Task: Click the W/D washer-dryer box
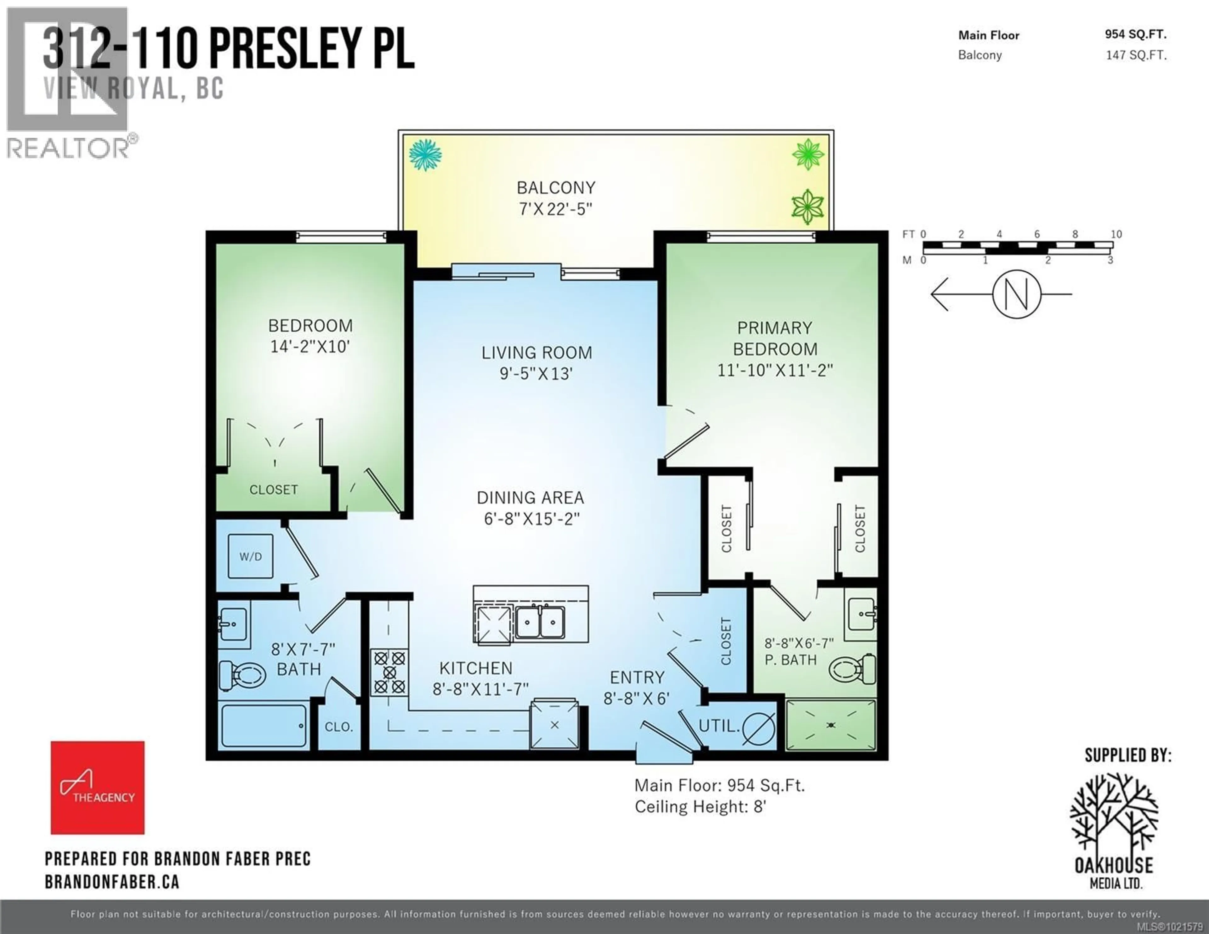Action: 250,557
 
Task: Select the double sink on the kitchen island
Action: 540,622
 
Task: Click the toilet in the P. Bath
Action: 853,669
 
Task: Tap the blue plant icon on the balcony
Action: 425,155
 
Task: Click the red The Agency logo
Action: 97,787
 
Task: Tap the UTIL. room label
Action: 718,726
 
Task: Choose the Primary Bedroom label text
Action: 775,338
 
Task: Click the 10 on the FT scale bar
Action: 1116,234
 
